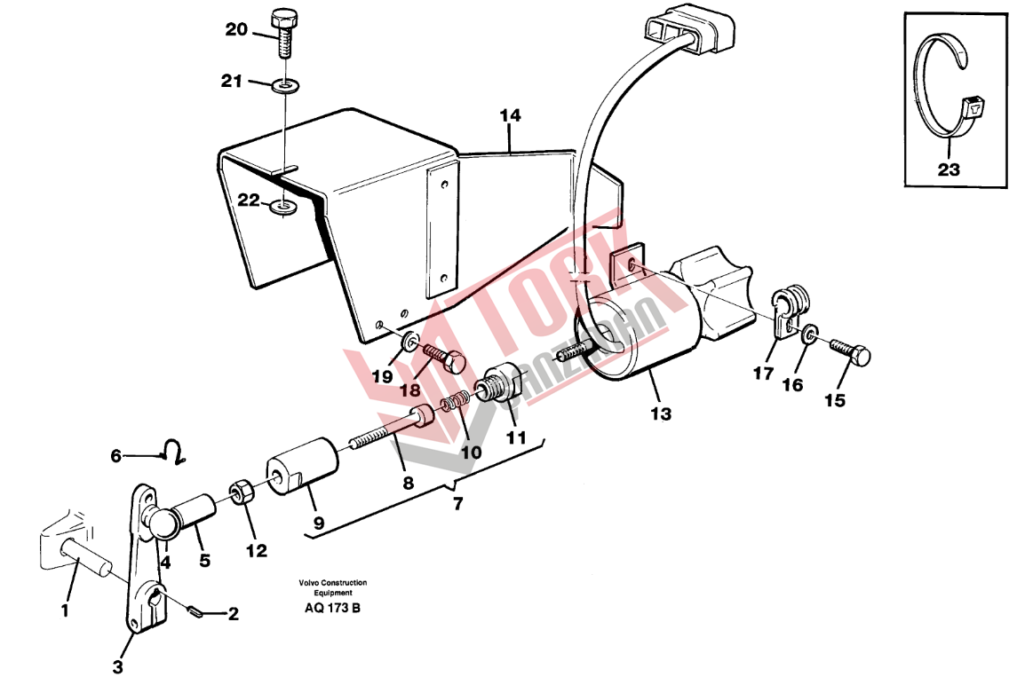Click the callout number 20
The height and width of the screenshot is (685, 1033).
[x=236, y=29]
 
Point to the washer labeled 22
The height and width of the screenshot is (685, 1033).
[x=284, y=209]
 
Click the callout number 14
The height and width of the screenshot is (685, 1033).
[x=510, y=116]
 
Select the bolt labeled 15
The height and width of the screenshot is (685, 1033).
[x=850, y=352]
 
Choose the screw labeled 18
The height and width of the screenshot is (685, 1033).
[x=445, y=357]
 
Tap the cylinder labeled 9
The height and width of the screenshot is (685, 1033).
[x=302, y=468]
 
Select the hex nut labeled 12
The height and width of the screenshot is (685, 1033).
[x=238, y=493]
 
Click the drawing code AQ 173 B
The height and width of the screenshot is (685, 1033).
[x=333, y=608]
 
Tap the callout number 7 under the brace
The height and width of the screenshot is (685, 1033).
[x=457, y=504]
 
